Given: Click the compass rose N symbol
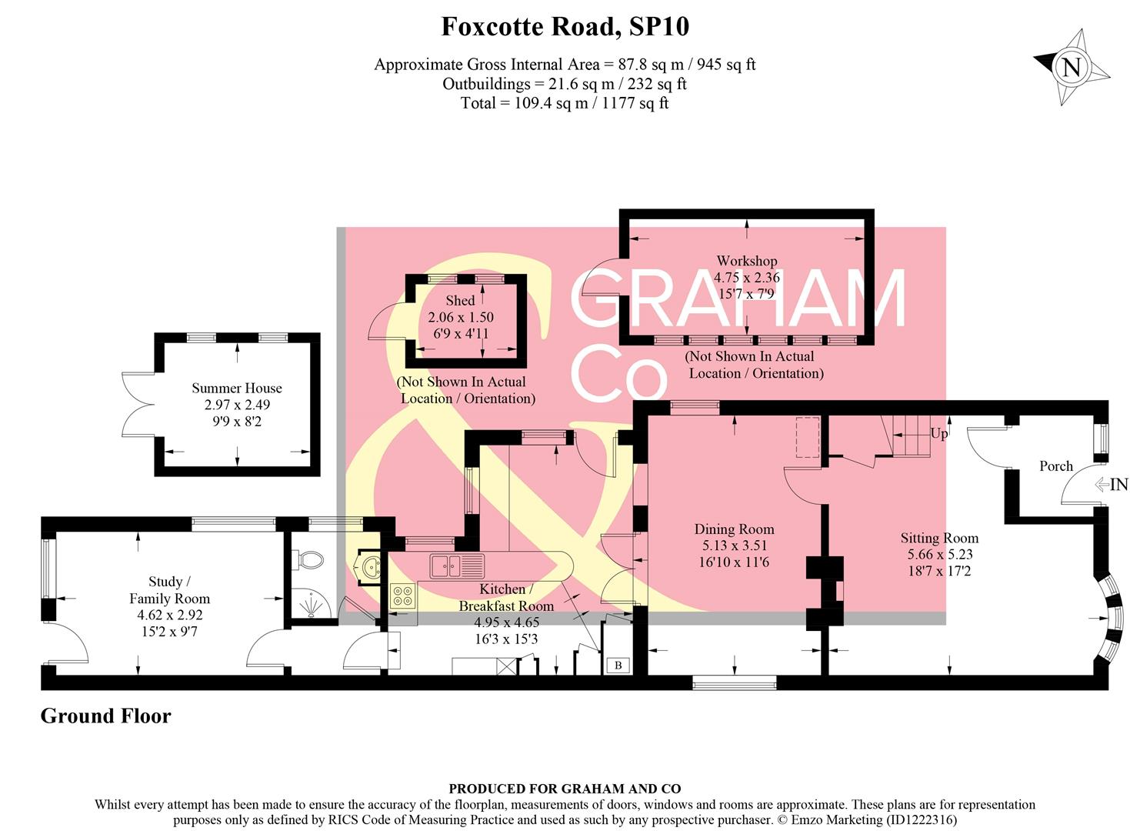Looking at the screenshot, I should [1071, 67].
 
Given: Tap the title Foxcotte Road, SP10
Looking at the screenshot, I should [565, 27].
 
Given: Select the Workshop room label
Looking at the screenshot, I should [746, 261].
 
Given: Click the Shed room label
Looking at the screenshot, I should [460, 301].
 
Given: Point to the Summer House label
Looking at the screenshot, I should [237, 389].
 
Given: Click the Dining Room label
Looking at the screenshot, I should [734, 529].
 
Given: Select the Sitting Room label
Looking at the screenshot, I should [939, 539].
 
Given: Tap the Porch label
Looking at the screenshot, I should [1055, 466].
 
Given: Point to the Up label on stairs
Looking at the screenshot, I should [938, 434].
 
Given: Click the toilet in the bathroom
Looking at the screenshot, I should [309, 560].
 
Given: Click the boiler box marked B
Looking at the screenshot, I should [618, 666].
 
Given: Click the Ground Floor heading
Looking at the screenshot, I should [105, 716].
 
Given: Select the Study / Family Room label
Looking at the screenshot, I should [169, 590].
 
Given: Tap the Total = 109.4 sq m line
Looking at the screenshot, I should [565, 103].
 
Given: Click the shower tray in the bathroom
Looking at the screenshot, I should [310, 604].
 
